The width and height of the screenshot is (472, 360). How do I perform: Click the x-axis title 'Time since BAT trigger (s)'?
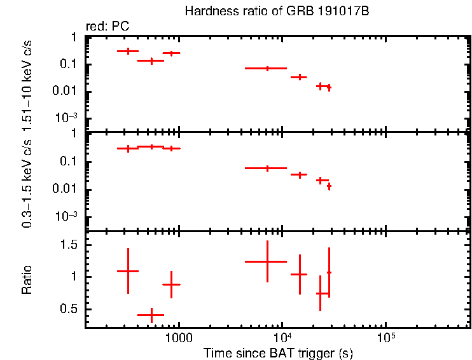pos(278,353)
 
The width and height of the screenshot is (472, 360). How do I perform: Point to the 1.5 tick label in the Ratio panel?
pos(71,245)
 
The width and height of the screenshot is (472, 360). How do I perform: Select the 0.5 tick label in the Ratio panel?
pos(71,309)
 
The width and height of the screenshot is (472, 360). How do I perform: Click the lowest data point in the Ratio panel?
pos(151,315)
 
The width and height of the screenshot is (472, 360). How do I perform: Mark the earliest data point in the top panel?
pos(128,51)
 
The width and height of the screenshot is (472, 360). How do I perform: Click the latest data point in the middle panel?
pos(329,186)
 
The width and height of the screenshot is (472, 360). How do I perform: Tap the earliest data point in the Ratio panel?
pos(128,271)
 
